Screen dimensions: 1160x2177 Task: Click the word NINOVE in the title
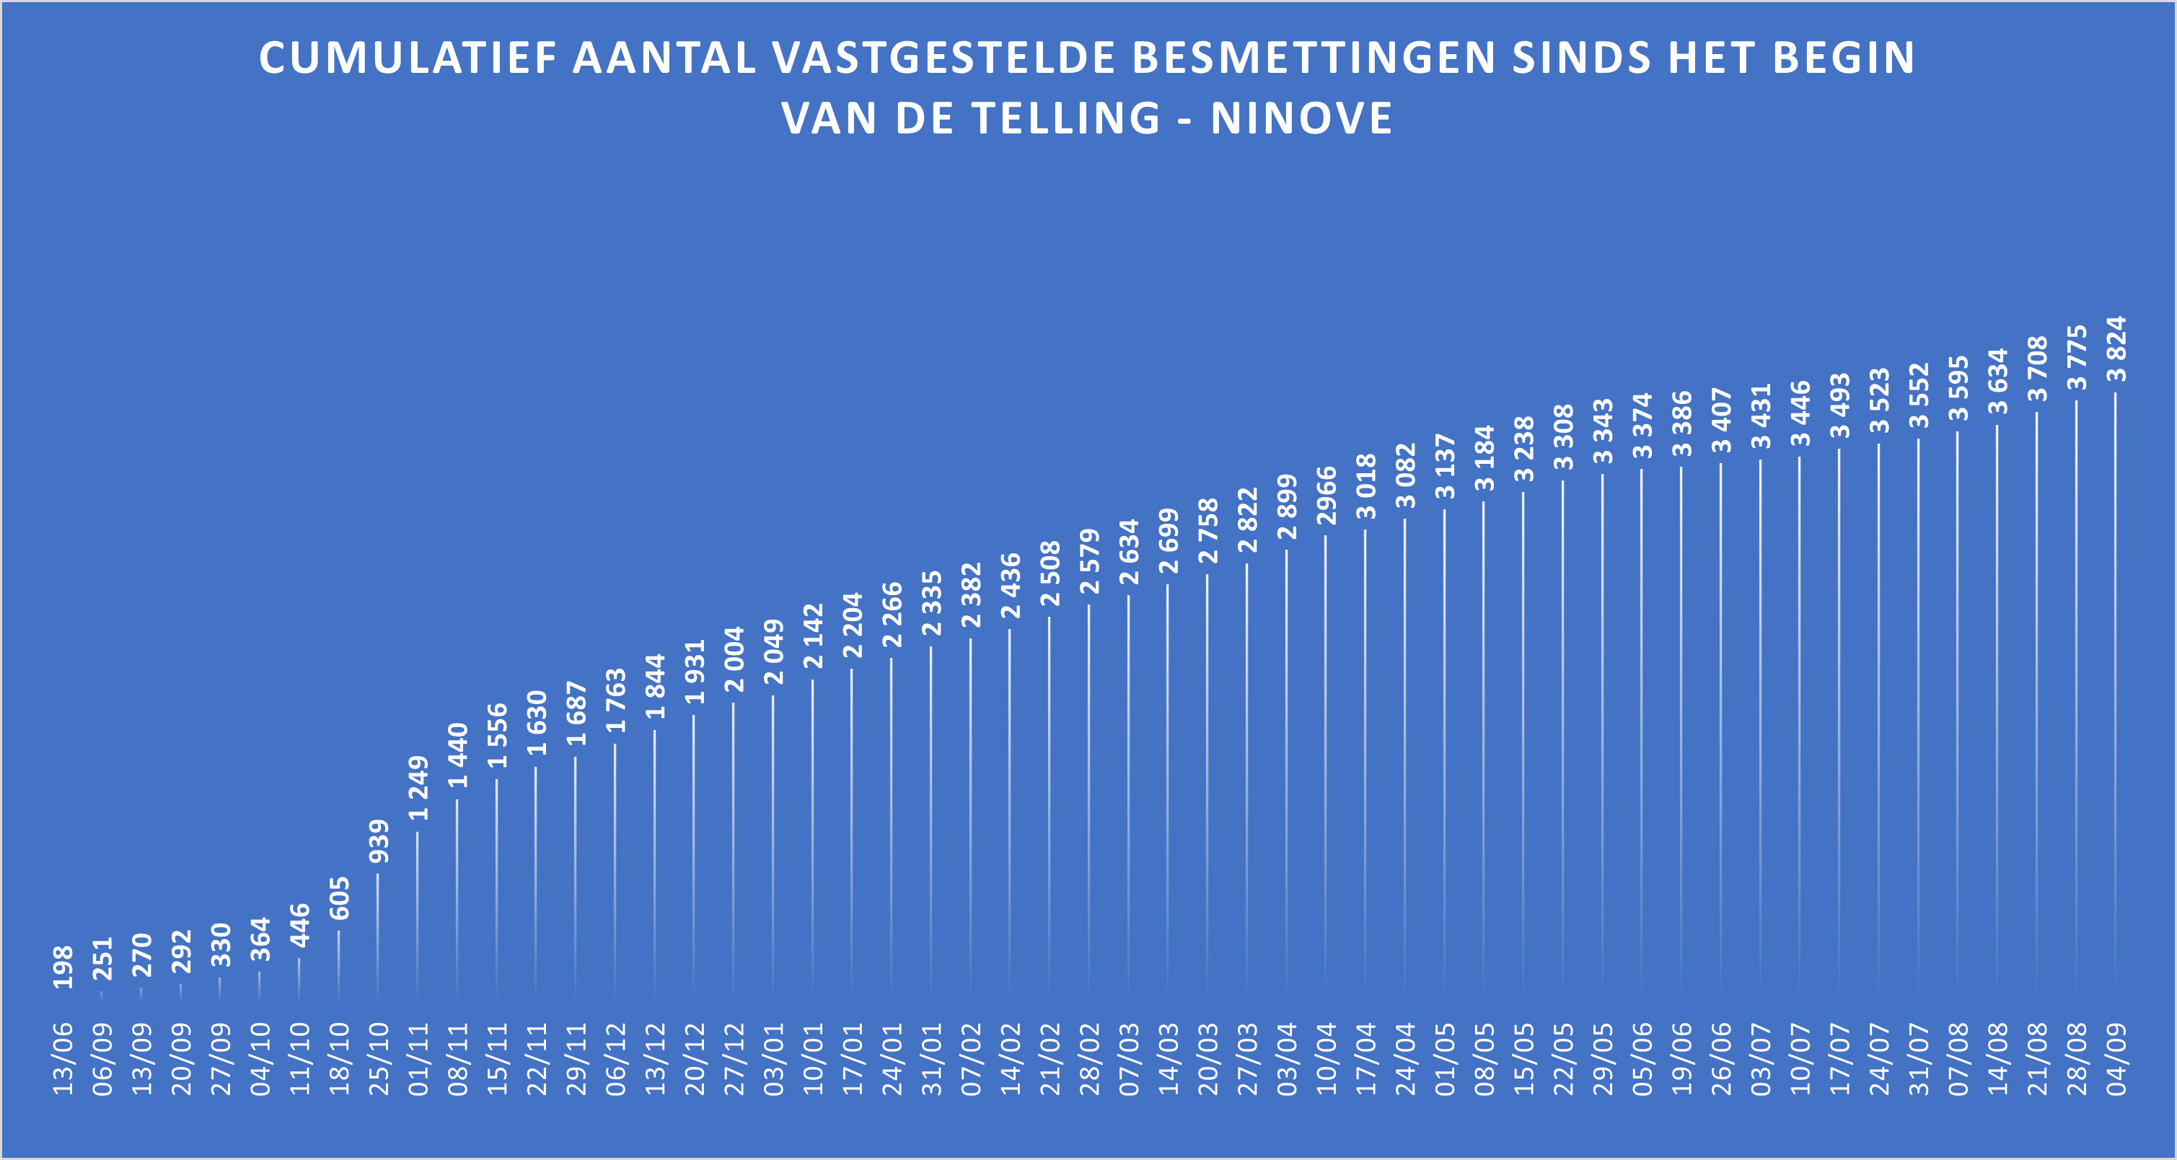click(x=1301, y=118)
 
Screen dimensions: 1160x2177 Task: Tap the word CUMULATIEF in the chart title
click(x=408, y=58)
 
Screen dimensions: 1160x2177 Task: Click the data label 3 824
click(x=2115, y=349)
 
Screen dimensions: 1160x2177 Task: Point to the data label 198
click(x=63, y=967)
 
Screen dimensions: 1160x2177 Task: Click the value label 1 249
click(x=418, y=788)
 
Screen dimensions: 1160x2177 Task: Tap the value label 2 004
click(x=734, y=660)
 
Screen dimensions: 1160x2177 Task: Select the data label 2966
click(x=1326, y=496)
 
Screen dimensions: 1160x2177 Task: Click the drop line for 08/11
click(x=457, y=895)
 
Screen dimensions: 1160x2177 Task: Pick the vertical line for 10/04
click(x=1325, y=760)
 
